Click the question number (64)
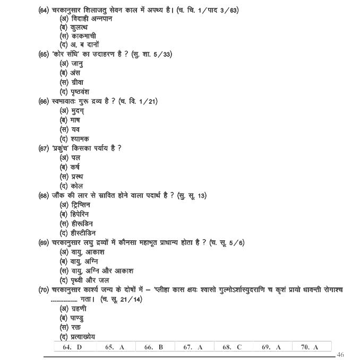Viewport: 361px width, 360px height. (x=45, y=10)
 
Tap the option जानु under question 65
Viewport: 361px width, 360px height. (x=74, y=64)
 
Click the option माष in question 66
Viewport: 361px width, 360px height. (x=74, y=120)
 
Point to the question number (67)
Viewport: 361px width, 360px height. (x=44, y=148)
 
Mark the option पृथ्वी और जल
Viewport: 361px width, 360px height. (x=87, y=280)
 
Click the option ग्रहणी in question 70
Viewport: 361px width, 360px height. (x=76, y=309)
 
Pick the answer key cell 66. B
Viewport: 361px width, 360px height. (x=153, y=347)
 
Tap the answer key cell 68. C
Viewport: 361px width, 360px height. (x=232, y=347)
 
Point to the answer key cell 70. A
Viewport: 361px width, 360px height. (x=310, y=347)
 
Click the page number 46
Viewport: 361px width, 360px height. (x=340, y=355)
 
